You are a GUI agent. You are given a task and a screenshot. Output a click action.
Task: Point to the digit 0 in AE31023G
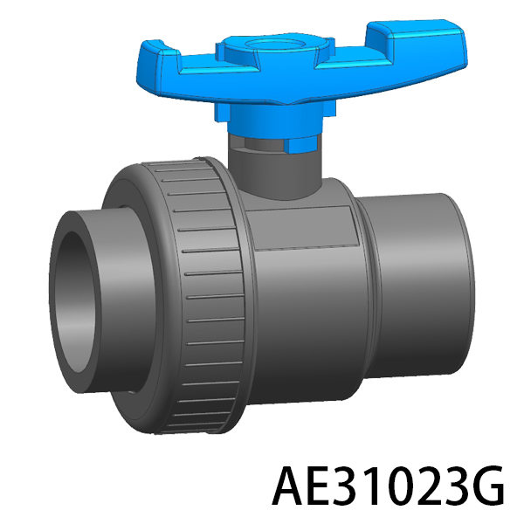pos(404,486)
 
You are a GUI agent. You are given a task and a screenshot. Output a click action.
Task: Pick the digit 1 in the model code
pos(377,486)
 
